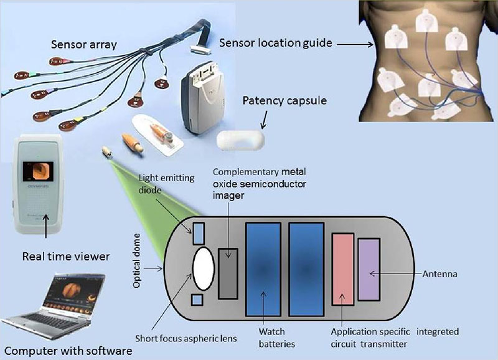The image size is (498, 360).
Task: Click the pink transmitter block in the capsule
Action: click(x=343, y=270)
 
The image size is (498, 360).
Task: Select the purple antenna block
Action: click(x=369, y=270)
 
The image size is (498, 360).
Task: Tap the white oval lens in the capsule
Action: click(x=204, y=268)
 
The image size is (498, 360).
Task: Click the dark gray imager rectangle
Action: click(x=228, y=273)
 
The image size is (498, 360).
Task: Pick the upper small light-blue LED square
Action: click(x=198, y=233)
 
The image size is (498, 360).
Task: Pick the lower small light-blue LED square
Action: click(x=197, y=300)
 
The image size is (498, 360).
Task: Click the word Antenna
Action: click(x=440, y=274)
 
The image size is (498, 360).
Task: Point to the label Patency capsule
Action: click(x=284, y=101)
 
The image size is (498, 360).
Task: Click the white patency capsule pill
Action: click(x=240, y=140)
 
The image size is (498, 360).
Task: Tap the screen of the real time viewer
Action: click(x=38, y=171)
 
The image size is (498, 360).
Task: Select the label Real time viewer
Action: click(x=66, y=257)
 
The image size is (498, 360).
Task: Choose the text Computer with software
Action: click(x=68, y=351)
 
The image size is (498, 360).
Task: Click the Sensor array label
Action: click(x=84, y=45)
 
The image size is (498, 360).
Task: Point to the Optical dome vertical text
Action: click(x=137, y=261)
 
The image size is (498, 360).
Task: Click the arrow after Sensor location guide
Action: click(x=355, y=44)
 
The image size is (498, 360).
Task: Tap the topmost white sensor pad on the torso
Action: click(x=428, y=21)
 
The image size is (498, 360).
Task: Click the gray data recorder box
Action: click(x=203, y=98)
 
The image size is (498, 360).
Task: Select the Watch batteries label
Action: click(x=276, y=338)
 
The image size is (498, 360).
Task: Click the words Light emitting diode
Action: click(x=166, y=184)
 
